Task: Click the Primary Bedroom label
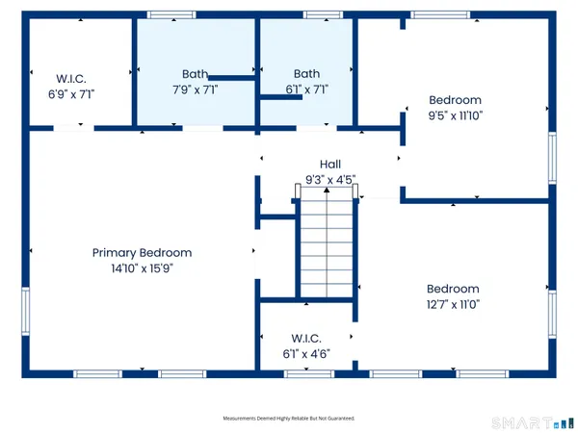coord(142,253)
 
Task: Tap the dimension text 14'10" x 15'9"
coord(142,268)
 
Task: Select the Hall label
coord(330,165)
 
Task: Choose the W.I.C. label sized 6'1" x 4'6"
coord(305,338)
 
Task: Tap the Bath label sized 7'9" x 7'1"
coord(196,73)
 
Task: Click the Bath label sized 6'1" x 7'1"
coord(306,73)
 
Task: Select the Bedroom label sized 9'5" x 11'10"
coord(455,99)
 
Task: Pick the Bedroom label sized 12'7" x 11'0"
coord(453,289)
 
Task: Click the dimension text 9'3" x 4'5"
coord(330,178)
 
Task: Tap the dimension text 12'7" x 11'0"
coord(453,304)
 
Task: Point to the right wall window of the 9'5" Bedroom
coord(552,156)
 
